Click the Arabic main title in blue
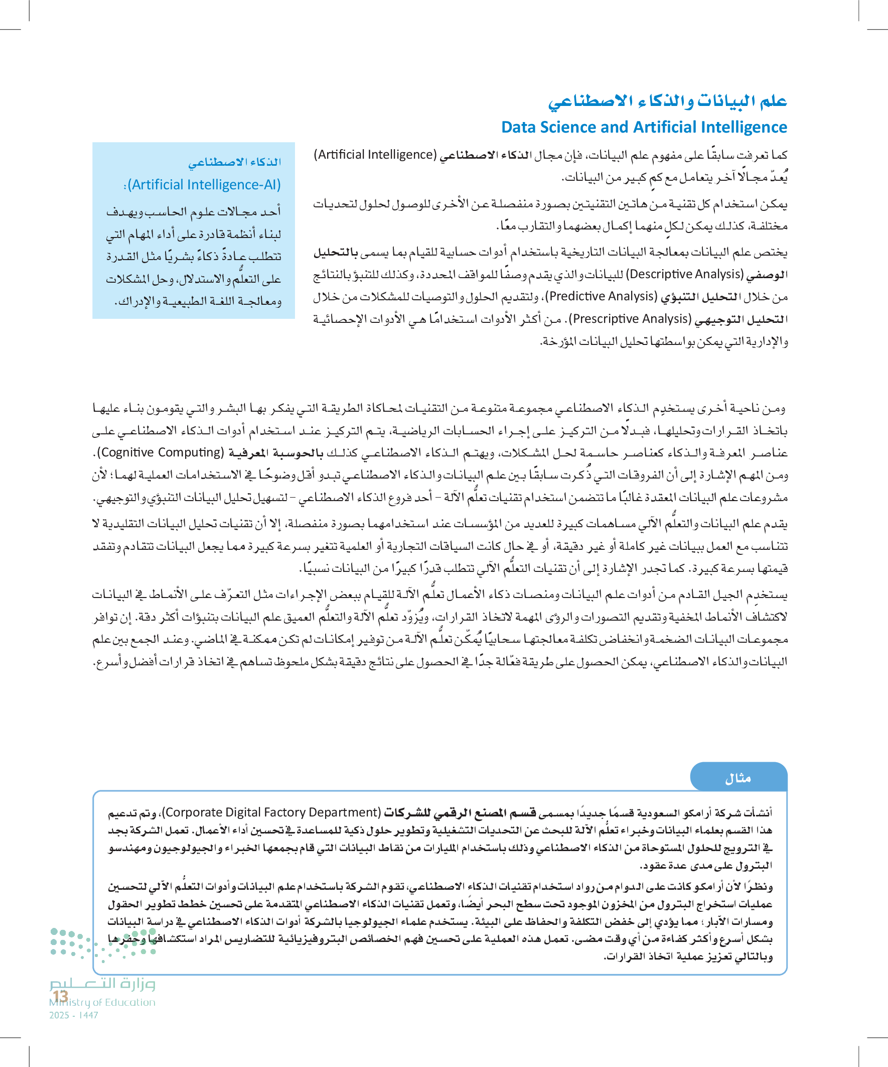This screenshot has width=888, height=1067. (667, 101)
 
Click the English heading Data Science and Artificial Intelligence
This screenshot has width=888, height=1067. (644, 127)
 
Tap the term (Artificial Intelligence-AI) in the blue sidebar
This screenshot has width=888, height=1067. (203, 184)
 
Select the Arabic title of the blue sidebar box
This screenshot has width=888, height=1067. (235, 162)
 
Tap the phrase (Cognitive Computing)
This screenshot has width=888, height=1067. (161, 452)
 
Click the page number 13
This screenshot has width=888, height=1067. (60, 996)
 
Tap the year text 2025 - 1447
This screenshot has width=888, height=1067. (74, 1015)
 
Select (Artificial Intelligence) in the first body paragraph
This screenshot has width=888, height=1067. (375, 155)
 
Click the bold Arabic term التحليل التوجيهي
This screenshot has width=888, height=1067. (741, 319)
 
